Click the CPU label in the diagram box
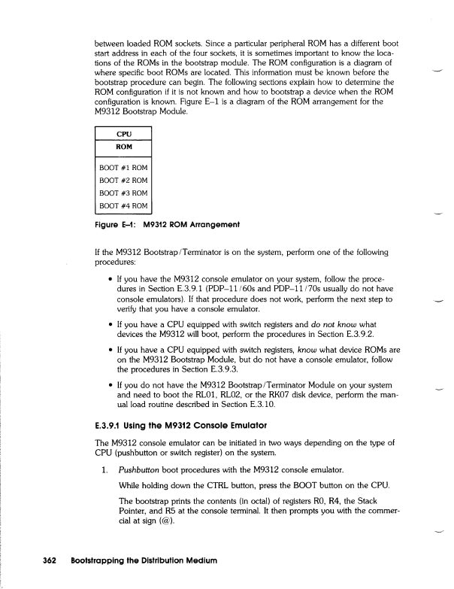pos(123,134)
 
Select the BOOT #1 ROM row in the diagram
pos(123,167)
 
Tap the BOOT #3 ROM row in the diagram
pos(123,193)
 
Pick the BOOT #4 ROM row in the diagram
pos(123,205)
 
